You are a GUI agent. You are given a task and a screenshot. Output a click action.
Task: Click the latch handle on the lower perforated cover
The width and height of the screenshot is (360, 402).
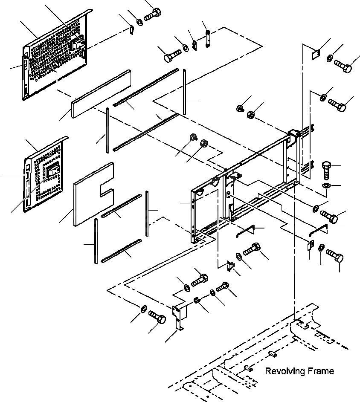click(x=53, y=171)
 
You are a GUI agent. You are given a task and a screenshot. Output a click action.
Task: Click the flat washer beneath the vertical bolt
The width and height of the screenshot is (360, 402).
click(x=325, y=185)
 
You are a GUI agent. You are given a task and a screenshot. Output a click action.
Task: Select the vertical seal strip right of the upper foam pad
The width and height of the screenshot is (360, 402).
click(x=185, y=92)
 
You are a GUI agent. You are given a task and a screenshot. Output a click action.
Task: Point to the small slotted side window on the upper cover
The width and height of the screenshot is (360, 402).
click(x=25, y=64)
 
